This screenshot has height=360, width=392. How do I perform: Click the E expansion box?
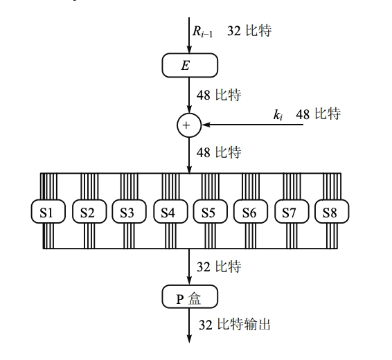[x=189, y=66]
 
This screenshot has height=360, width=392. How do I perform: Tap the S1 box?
[x=46, y=213]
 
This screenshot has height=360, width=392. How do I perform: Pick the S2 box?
[x=87, y=213]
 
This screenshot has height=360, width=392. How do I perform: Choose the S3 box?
[x=127, y=213]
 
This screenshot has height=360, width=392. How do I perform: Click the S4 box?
[x=168, y=213]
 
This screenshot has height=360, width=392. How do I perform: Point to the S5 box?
[x=208, y=213]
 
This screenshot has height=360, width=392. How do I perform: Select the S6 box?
[x=249, y=213]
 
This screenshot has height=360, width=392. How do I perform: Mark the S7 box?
[x=289, y=213]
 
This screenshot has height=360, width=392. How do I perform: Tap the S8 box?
[x=330, y=213]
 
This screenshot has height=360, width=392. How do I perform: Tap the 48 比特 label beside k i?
[x=318, y=114]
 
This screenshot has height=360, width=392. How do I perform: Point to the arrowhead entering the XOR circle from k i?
[x=204, y=125]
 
